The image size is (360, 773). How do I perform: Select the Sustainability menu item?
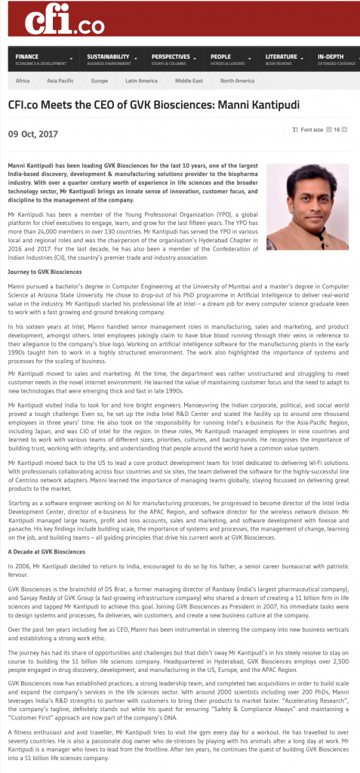(107, 58)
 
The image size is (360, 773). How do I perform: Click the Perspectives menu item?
(171, 58)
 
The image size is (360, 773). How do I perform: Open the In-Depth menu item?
(333, 58)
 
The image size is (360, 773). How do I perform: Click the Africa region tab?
(23, 80)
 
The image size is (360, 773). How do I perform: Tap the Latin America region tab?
(141, 80)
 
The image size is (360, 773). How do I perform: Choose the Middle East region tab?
(189, 80)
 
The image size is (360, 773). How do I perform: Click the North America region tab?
(238, 80)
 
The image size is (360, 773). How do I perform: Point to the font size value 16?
(337, 130)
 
